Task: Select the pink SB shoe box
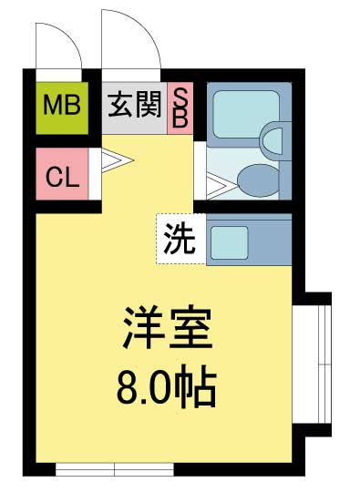[180, 108]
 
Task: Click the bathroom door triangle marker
[217, 184]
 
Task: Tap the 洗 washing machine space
[179, 239]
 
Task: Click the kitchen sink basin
[230, 241]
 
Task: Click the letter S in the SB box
[180, 97]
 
